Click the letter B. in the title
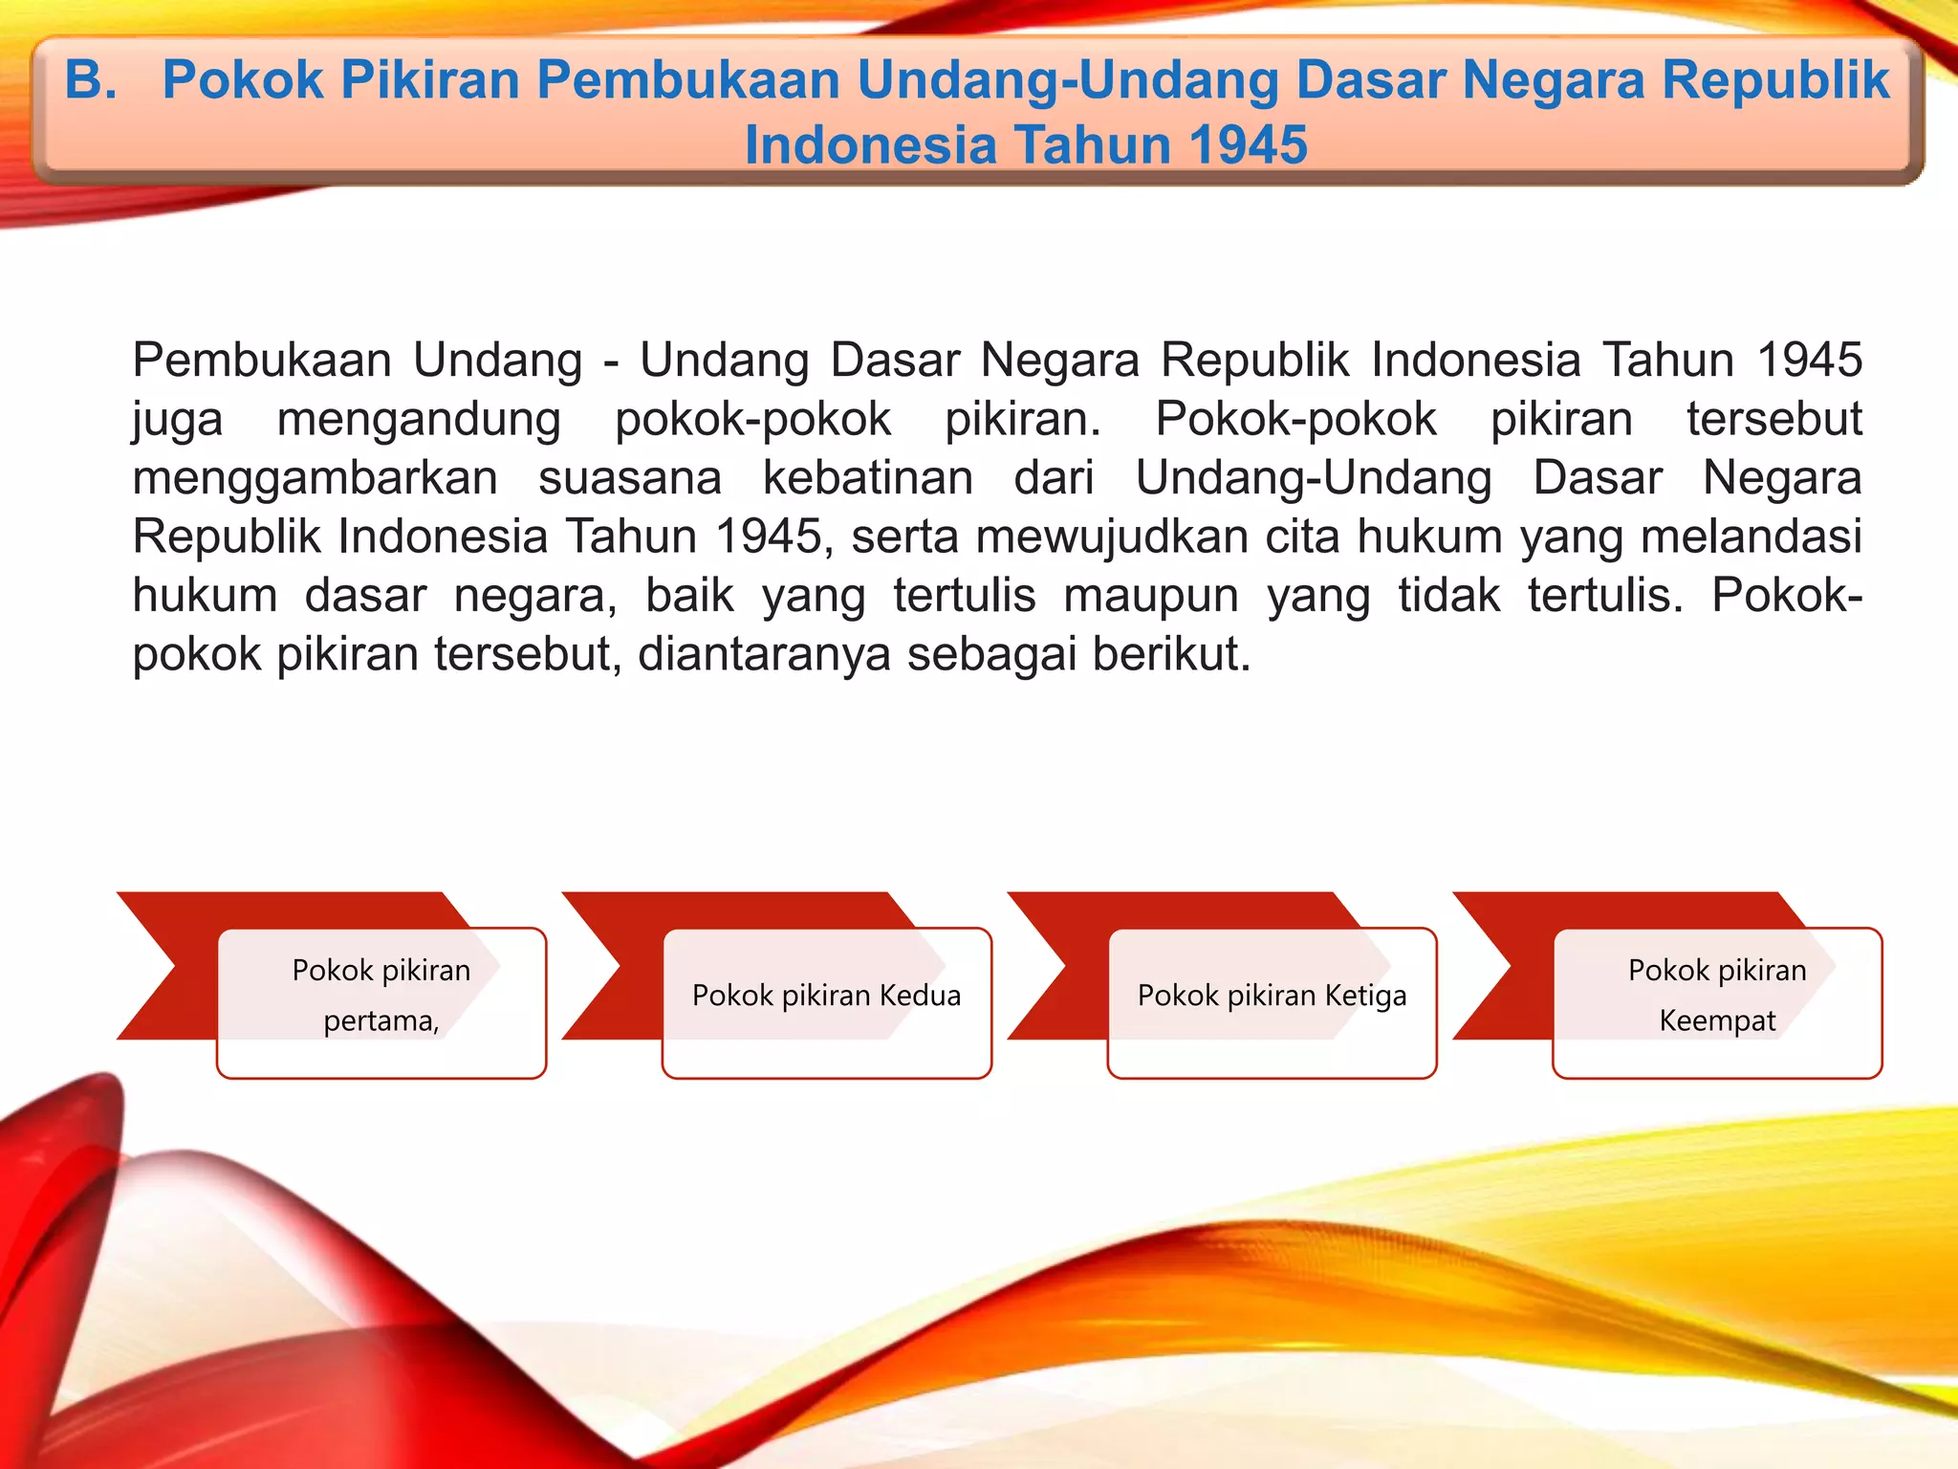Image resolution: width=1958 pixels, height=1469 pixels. (x=91, y=80)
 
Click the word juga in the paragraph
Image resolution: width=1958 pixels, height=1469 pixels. (x=178, y=419)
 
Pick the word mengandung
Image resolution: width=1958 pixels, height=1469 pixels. (x=419, y=419)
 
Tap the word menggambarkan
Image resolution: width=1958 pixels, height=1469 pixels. (x=315, y=478)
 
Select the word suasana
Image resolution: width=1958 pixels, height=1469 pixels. (x=630, y=478)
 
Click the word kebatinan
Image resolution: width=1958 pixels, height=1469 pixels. (x=867, y=478)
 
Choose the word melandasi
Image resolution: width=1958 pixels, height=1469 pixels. (x=1751, y=537)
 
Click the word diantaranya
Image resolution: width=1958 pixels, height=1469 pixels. (x=764, y=655)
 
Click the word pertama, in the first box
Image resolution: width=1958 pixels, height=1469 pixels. (x=381, y=1021)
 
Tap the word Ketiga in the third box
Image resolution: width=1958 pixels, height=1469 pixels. (x=1365, y=996)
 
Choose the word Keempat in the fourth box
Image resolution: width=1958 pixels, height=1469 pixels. (x=1717, y=1021)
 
